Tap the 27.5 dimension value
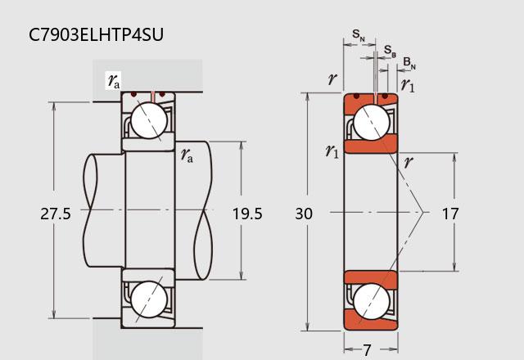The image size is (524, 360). point(56,214)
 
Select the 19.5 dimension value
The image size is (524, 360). point(246,214)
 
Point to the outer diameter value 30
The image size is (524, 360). point(304,214)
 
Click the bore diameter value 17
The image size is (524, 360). point(449,214)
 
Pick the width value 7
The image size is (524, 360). point(368,349)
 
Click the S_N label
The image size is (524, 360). point(359,34)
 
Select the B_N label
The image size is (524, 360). point(409,62)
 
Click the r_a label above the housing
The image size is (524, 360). point(113,80)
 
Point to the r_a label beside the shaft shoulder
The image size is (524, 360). point(187,154)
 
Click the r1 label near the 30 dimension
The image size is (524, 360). point(332,151)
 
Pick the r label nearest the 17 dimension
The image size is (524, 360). point(408,161)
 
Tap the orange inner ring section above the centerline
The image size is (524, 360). point(371,146)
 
